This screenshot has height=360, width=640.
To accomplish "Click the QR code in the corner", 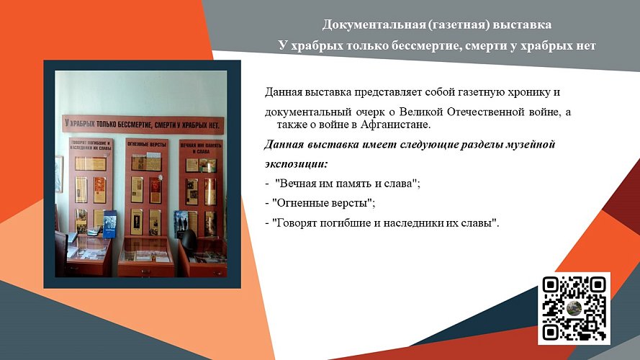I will pyautogui.click(x=574, y=308).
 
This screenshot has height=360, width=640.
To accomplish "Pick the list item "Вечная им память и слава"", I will pyautogui.click(x=343, y=184).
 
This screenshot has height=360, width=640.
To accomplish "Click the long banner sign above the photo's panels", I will pyautogui.click(x=143, y=124).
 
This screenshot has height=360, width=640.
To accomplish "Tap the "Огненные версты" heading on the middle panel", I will pyautogui.click(x=147, y=145).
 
